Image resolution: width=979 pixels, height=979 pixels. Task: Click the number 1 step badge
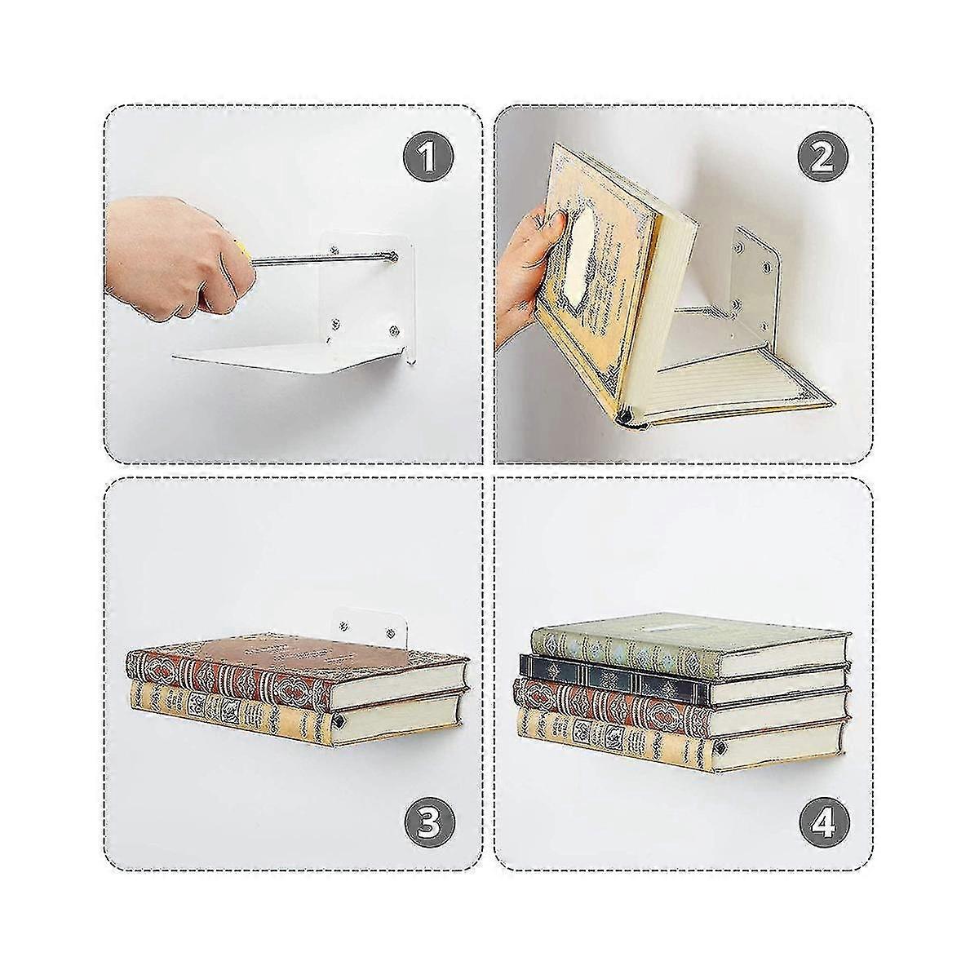point(430,155)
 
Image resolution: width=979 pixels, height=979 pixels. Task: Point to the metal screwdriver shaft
point(318,260)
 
